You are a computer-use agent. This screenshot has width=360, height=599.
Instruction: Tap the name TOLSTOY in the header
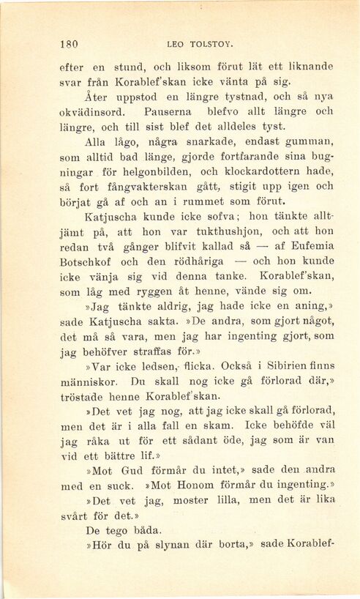(x=209, y=42)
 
